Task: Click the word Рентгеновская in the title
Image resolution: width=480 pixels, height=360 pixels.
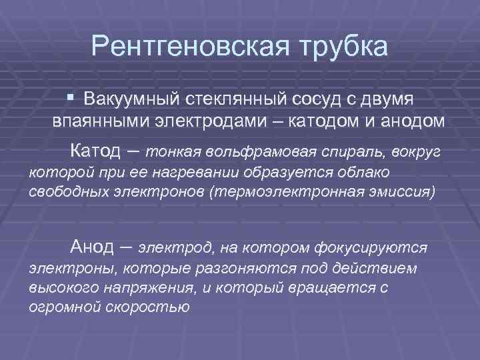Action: coord(181,47)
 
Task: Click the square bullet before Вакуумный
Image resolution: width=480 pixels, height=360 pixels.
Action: coord(71,97)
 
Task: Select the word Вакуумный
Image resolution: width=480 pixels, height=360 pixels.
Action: coord(125,99)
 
